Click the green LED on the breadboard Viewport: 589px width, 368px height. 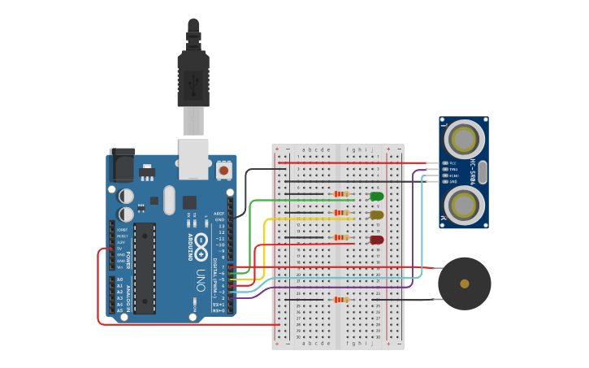(377, 196)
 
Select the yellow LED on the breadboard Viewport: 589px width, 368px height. (377, 215)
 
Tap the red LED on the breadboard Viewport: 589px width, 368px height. (377, 240)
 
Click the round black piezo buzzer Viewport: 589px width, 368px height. (464, 284)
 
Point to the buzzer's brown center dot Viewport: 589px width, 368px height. (464, 284)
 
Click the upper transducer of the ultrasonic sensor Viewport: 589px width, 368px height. (463, 139)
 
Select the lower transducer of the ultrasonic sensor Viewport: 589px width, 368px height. (463, 205)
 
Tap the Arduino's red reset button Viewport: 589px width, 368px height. (223, 171)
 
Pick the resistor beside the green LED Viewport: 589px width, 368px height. (341, 194)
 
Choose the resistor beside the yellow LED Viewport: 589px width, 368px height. (341, 213)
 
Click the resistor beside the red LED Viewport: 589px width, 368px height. (341, 237)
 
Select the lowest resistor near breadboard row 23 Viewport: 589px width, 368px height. (341, 300)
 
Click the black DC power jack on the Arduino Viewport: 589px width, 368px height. (123, 166)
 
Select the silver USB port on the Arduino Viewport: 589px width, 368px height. (193, 158)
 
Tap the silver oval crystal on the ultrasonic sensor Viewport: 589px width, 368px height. (483, 172)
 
